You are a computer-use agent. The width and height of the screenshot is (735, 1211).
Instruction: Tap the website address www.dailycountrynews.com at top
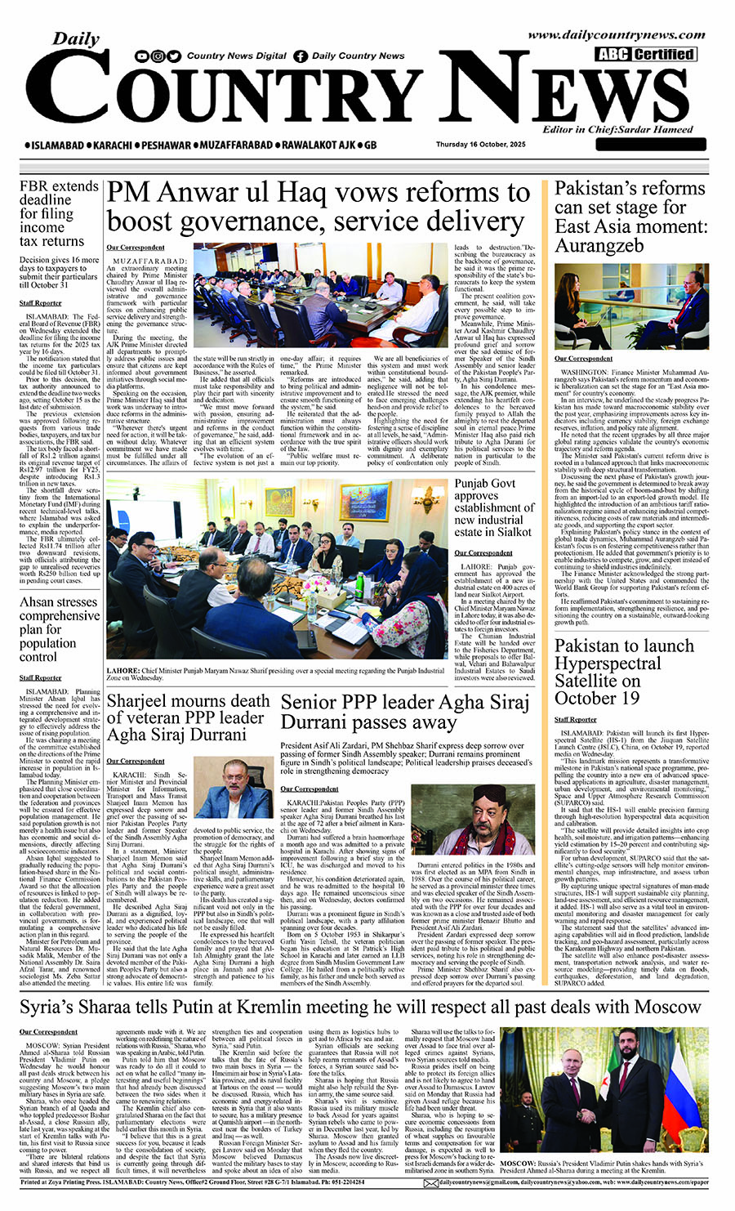pyautogui.click(x=616, y=35)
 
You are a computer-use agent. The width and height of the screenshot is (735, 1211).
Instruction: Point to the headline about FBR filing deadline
pyautogui.click(x=58, y=213)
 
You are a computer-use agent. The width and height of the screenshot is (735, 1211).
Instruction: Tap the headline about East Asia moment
pyautogui.click(x=629, y=217)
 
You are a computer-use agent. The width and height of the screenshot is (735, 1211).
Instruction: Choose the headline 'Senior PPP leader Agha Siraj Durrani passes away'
pyautogui.click(x=404, y=712)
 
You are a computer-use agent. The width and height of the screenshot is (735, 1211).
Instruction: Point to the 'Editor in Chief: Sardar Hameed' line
pyautogui.click(x=617, y=129)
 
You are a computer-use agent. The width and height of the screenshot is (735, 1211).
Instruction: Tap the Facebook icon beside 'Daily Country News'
pyautogui.click(x=301, y=56)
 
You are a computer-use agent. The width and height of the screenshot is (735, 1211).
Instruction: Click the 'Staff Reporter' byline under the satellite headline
pyautogui.click(x=575, y=720)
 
